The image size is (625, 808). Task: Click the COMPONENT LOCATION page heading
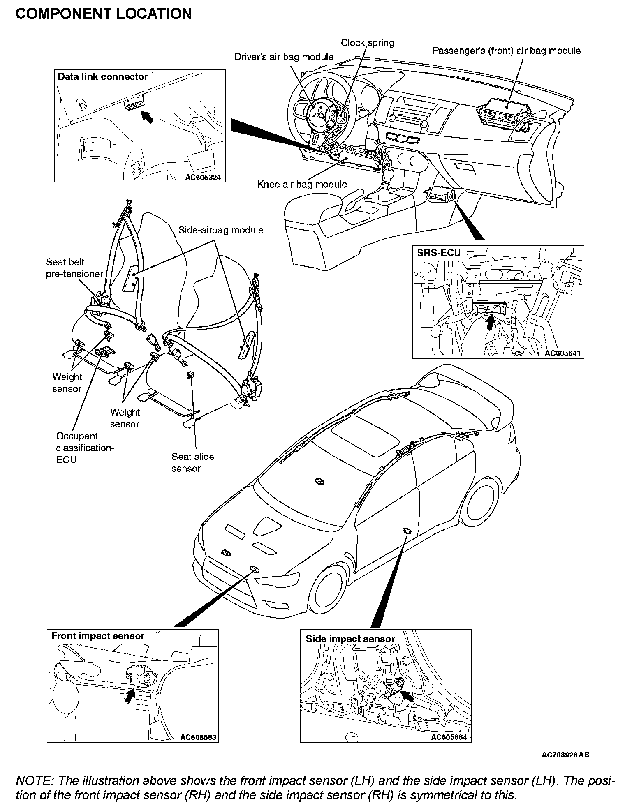click(x=104, y=14)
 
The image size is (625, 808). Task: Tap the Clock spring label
click(x=367, y=43)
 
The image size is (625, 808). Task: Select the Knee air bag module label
click(x=302, y=185)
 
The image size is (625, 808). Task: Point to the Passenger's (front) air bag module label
click(x=507, y=51)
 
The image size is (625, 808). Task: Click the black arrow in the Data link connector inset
click(x=147, y=117)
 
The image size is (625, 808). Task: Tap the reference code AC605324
click(x=203, y=178)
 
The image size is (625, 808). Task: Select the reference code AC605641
click(x=563, y=353)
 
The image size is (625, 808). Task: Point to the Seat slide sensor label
click(x=192, y=462)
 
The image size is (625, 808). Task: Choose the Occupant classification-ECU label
click(x=85, y=448)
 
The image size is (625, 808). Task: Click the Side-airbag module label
click(x=221, y=230)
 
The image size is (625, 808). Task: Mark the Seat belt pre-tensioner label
click(x=74, y=268)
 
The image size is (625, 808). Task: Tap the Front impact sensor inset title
click(x=98, y=636)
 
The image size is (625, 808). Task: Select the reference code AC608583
click(x=198, y=737)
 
